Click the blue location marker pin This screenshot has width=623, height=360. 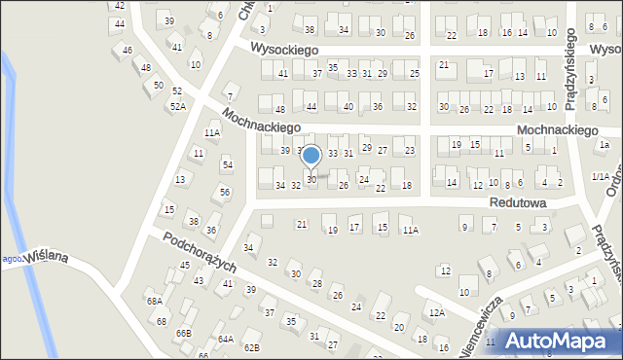pos(311,156)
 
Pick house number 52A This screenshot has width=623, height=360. pos(177,106)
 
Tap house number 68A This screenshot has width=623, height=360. pos(154,301)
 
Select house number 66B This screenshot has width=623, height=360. pos(184,333)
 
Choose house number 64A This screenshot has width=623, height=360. pos(226,339)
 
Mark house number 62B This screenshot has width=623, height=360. pos(251,347)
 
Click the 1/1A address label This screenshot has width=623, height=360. pos(601,176)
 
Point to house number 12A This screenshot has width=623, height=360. pos(436,312)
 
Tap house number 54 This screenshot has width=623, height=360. pos(227,164)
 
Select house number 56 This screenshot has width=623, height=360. pos(224,192)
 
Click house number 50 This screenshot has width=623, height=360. pos(158,86)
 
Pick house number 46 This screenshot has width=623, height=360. pos(127,50)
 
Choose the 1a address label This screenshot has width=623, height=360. pos(604,145)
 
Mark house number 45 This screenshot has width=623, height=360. pos(184,266)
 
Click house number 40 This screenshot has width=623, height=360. pos(348,106)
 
